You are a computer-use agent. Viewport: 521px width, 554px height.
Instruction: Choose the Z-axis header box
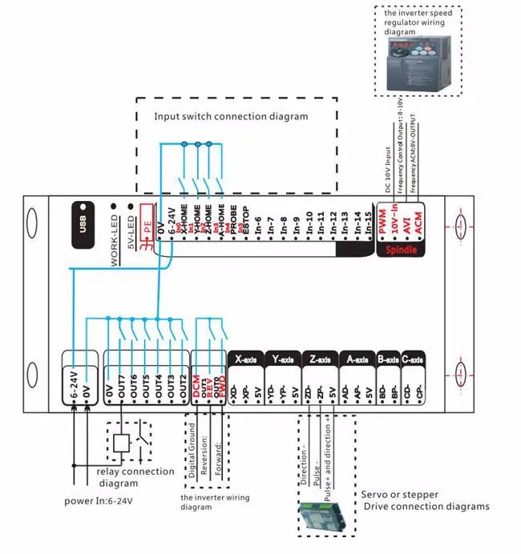[319, 359]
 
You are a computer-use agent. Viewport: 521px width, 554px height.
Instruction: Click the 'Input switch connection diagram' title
[231, 117]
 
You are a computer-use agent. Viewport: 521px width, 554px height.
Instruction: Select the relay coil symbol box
[119, 440]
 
